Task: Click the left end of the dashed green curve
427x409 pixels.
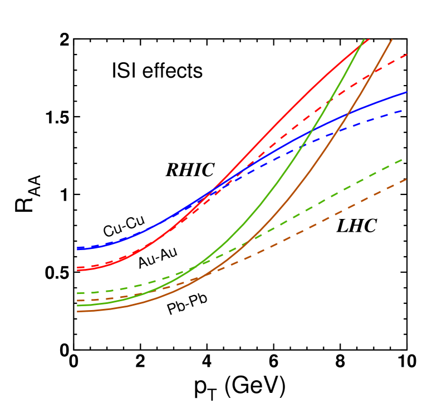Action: [77, 293]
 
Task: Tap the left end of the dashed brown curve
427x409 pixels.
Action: [77, 301]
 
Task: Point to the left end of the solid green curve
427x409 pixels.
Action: [77, 306]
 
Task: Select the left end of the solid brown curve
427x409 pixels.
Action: [77, 312]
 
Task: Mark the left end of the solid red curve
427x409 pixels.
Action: [77, 270]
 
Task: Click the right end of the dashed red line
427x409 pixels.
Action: [407, 54]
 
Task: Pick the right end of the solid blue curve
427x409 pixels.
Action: [407, 92]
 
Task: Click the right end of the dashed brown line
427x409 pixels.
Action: [407, 179]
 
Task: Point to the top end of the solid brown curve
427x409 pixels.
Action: [392, 39]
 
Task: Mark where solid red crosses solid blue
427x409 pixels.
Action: [213, 191]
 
